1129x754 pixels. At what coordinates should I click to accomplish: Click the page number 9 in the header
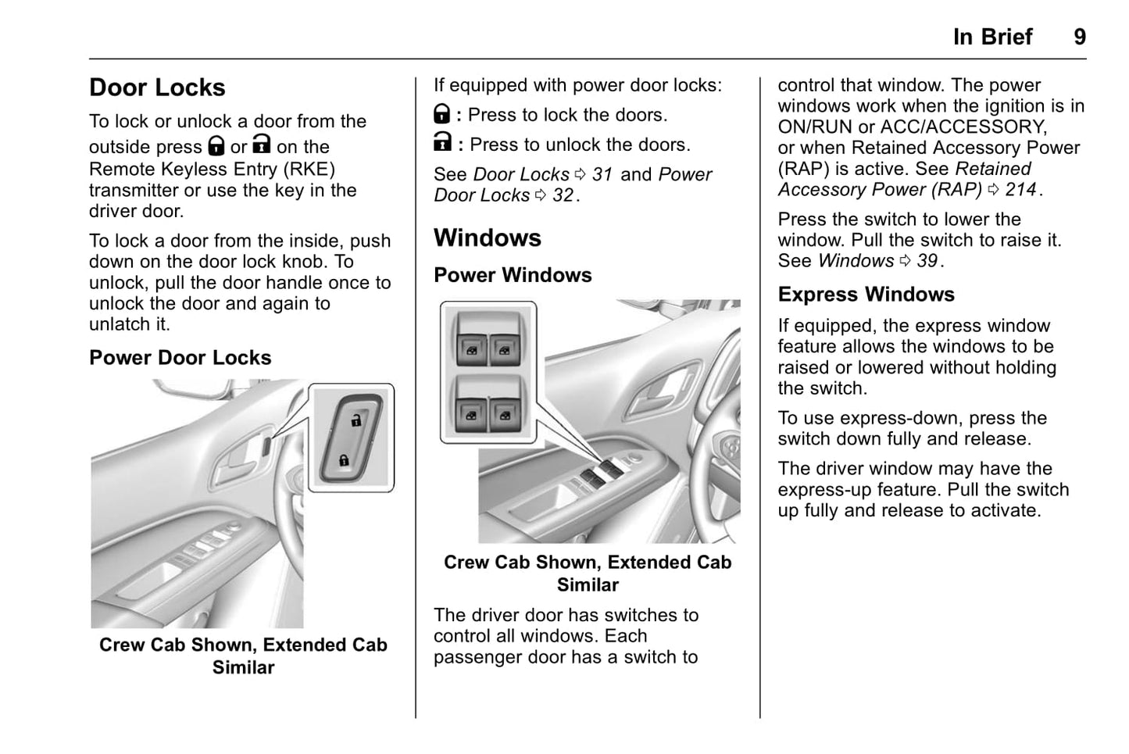1079,37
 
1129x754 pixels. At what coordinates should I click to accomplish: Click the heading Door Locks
157,88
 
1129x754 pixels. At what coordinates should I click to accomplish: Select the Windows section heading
487,238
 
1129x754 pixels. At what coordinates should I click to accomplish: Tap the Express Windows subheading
866,295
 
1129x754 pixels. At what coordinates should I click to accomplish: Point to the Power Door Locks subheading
180,358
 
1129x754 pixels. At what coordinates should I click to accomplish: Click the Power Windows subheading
513,275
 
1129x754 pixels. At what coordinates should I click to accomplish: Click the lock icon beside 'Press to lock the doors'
442,115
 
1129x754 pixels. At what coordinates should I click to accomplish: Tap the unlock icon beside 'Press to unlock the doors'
442,143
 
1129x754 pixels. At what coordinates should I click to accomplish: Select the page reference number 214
1020,190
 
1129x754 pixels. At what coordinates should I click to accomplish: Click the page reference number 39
927,261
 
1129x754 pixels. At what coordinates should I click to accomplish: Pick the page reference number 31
602,174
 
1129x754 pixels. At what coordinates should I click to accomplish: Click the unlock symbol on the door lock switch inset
356,420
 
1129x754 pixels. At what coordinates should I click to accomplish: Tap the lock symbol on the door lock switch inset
344,460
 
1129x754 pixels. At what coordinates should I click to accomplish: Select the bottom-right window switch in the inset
505,413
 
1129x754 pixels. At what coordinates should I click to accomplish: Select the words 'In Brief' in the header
992,37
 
